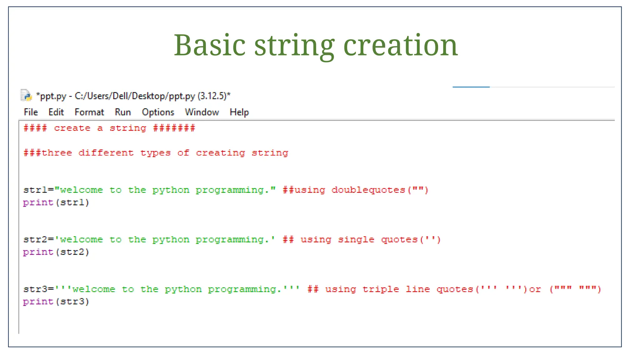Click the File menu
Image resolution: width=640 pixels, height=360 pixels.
pyautogui.click(x=31, y=112)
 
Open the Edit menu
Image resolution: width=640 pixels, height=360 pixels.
pyautogui.click(x=56, y=112)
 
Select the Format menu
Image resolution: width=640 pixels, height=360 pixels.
pyautogui.click(x=89, y=112)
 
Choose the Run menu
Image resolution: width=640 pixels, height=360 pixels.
pyautogui.click(x=123, y=112)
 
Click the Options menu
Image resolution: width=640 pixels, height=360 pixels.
pyautogui.click(x=158, y=112)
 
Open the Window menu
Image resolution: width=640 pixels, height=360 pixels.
pyautogui.click(x=202, y=112)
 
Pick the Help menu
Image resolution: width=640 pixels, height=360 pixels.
pyautogui.click(x=239, y=112)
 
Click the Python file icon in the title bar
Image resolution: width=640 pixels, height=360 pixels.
pyautogui.click(x=26, y=96)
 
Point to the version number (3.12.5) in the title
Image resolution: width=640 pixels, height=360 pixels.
pyautogui.click(x=212, y=96)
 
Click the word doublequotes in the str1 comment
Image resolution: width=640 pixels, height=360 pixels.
pyautogui.click(x=368, y=190)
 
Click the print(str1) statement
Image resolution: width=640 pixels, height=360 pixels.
pyautogui.click(x=56, y=202)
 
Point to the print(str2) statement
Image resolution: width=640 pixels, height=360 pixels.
pyautogui.click(x=56, y=252)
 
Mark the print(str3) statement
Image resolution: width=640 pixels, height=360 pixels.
pyautogui.click(x=56, y=302)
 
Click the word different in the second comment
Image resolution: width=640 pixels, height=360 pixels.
pyautogui.click(x=106, y=153)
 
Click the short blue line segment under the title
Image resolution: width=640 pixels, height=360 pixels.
pyautogui.click(x=471, y=87)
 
